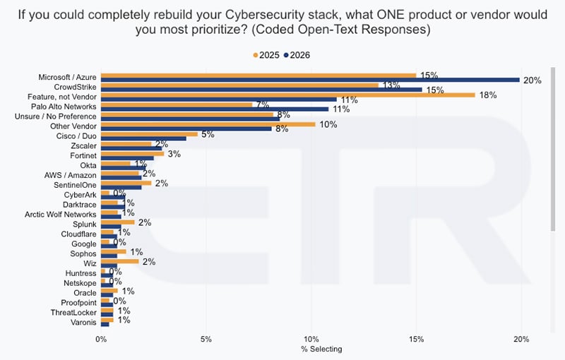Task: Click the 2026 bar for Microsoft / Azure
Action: [x=310, y=80]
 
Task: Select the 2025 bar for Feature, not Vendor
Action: [x=288, y=95]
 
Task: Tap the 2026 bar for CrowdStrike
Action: [x=261, y=90]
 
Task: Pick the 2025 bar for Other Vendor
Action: [x=208, y=124]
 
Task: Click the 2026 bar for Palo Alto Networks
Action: [x=215, y=109]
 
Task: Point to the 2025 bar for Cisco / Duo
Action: [x=149, y=134]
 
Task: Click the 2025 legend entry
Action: [x=266, y=55]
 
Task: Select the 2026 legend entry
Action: [x=297, y=55]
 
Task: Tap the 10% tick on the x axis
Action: [x=311, y=339]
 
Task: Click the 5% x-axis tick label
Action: [x=206, y=339]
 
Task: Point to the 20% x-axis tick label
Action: [x=521, y=339]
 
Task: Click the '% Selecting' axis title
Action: [x=321, y=349]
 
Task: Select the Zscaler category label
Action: [x=83, y=146]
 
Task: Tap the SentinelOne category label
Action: [x=75, y=185]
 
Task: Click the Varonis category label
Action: [x=83, y=322]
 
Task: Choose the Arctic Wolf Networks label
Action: [x=61, y=215]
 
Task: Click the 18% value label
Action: [x=488, y=95]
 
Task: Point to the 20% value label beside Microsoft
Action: [x=533, y=80]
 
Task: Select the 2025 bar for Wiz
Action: [x=119, y=261]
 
